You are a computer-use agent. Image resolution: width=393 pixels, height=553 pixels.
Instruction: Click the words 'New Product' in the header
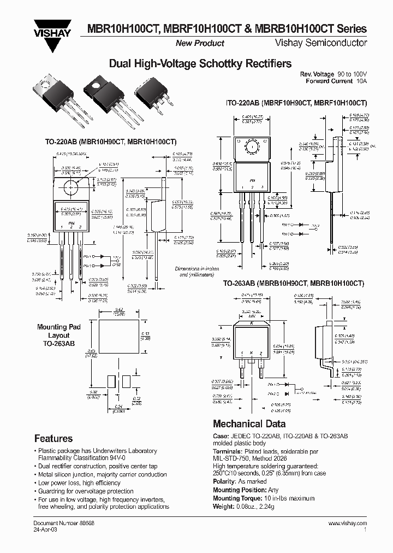199,43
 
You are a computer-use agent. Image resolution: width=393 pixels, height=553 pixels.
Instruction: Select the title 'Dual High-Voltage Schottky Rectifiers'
200,64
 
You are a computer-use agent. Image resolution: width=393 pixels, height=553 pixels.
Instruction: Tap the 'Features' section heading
53,438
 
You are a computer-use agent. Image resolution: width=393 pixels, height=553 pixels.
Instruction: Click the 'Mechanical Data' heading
249,423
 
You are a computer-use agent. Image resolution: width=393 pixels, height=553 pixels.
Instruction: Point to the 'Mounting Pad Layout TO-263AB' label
58,335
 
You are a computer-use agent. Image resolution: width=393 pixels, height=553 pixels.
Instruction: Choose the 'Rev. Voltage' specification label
317,74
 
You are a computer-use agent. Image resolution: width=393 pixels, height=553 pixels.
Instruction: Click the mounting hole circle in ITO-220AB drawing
252,147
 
